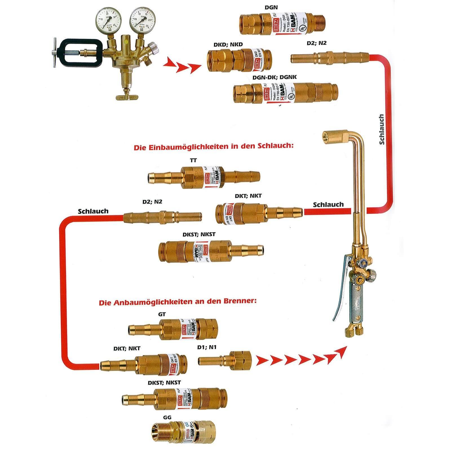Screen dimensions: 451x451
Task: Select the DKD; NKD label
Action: coord(228,45)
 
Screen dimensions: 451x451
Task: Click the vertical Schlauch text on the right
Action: coord(381,129)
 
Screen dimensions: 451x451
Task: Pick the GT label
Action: coord(162,314)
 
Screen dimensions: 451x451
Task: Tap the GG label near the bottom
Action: coord(167,417)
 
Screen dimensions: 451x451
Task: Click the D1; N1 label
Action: coord(207,347)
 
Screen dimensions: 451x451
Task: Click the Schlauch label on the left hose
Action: coord(93,211)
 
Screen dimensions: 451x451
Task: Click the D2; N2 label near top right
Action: coord(317,43)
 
